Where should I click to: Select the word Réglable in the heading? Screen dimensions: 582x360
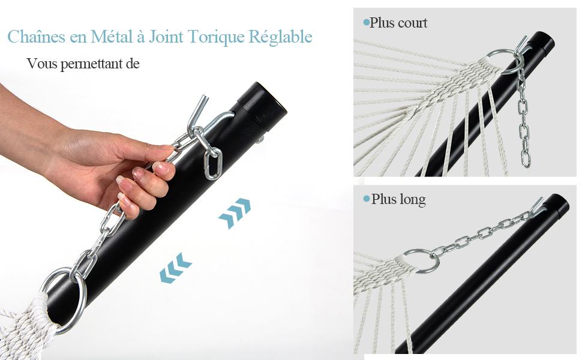(280, 37)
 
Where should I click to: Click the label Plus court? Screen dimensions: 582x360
(398, 23)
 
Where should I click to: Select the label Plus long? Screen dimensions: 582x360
(398, 199)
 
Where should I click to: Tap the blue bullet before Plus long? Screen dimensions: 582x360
(367, 199)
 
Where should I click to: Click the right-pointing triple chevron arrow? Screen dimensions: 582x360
(235, 213)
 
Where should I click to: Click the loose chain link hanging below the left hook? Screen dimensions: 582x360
(213, 163)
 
